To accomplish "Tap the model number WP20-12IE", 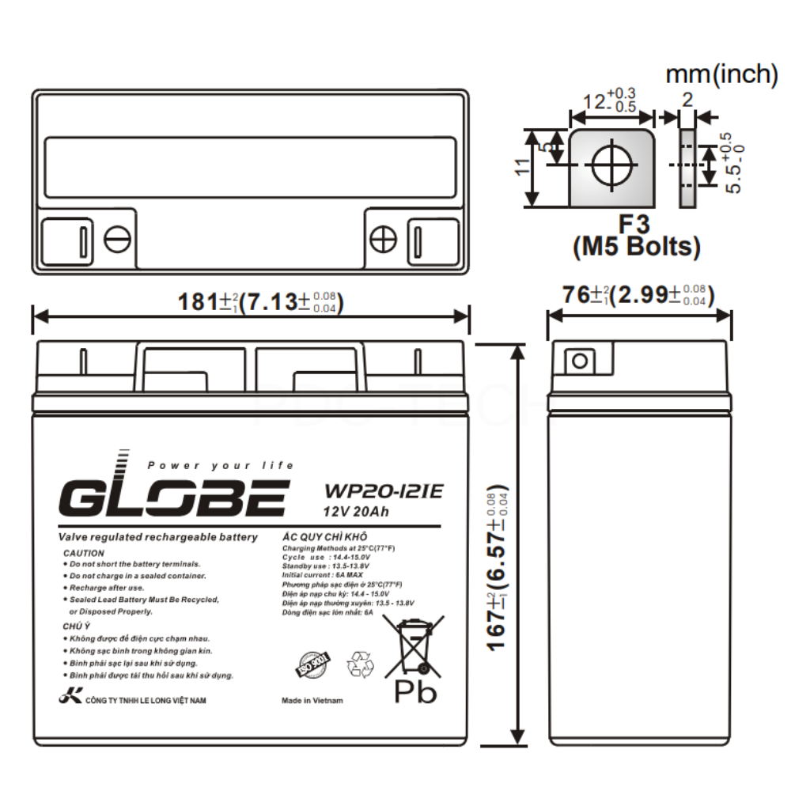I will (x=382, y=490).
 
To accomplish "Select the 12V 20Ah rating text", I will (x=356, y=511).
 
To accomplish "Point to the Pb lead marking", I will (x=415, y=692).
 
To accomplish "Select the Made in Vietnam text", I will (x=312, y=701).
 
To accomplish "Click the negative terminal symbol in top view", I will (x=118, y=239).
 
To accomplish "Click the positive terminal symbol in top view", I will (x=383, y=239).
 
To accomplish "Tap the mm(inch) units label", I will (x=721, y=74).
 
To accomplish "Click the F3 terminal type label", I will (x=636, y=224).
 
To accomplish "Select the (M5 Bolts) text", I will (x=636, y=248).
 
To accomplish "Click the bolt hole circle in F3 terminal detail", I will (x=611, y=165).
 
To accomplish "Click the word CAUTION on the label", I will (x=83, y=553).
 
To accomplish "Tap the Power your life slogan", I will (x=220, y=465).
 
